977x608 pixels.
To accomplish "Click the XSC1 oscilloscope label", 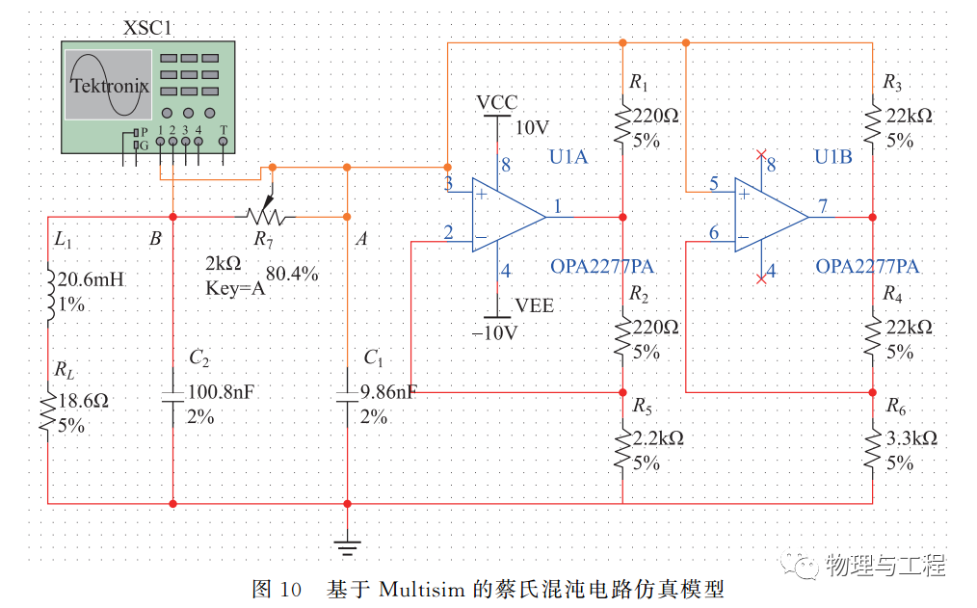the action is [x=147, y=28].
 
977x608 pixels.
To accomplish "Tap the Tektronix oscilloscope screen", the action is [x=109, y=85].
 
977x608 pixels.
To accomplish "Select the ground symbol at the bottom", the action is [x=347, y=547].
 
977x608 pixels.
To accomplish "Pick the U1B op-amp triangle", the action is [x=772, y=216].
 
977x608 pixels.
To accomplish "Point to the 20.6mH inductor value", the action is [x=91, y=279].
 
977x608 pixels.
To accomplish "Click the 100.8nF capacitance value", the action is [x=222, y=392].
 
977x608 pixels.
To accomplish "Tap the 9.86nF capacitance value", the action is [x=389, y=392].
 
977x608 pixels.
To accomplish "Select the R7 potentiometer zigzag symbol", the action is [x=265, y=216].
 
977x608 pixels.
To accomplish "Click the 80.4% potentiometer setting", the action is [x=292, y=274].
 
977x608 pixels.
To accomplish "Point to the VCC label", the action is [x=496, y=102].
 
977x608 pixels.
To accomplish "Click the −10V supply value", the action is [x=494, y=332].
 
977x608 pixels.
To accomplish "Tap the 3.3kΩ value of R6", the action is [x=911, y=438].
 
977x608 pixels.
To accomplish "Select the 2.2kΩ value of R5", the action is [x=659, y=438].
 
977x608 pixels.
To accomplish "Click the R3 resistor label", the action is [x=892, y=82].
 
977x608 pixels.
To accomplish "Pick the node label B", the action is [x=155, y=239].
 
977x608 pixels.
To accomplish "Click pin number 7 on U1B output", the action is [x=823, y=205].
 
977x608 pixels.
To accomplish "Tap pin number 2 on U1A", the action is [x=448, y=232].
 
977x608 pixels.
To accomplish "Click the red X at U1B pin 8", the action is [x=761, y=154].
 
